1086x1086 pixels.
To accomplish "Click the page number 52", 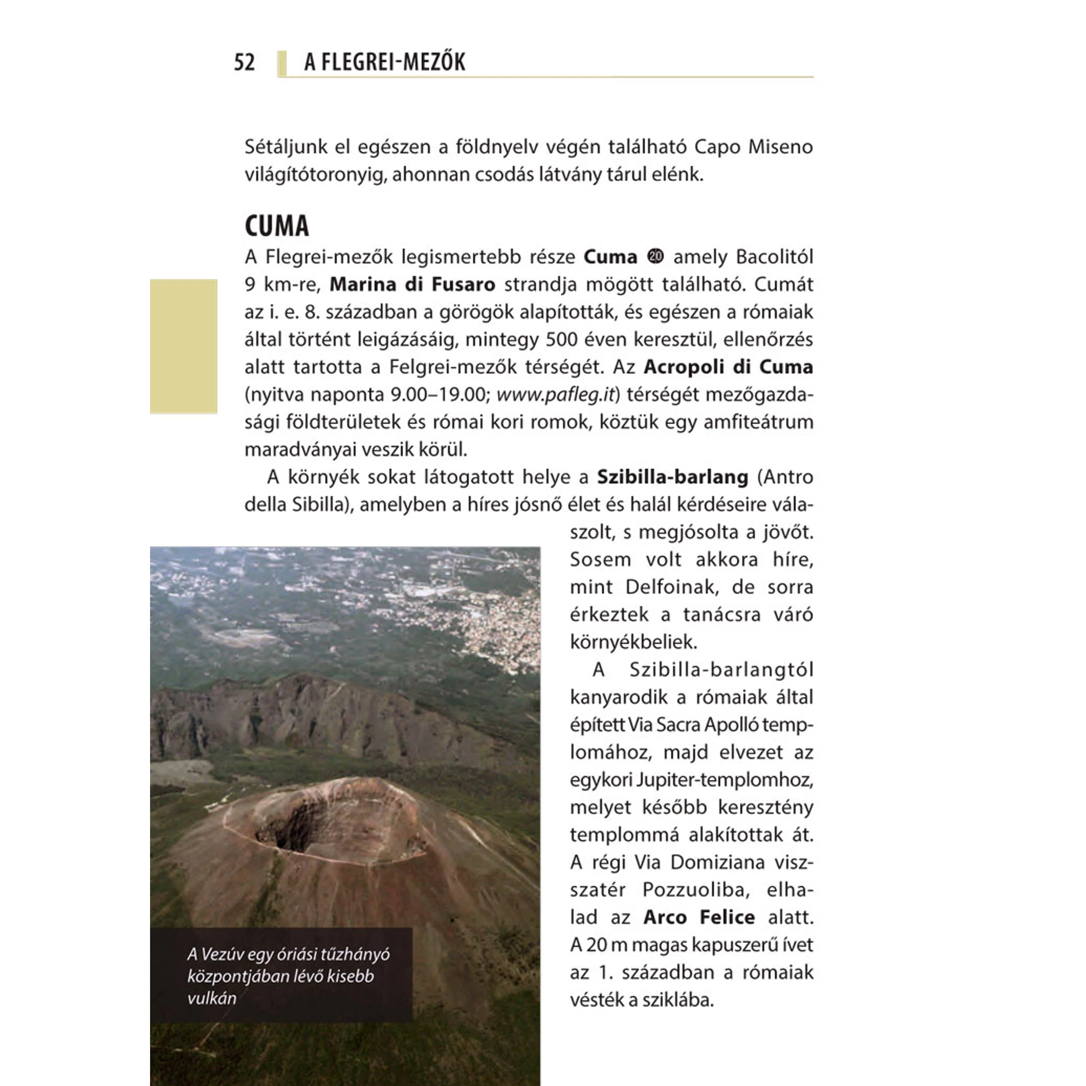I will tap(244, 62).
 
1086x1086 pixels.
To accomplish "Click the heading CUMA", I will tap(276, 226).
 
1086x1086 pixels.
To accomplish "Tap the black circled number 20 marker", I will tap(656, 256).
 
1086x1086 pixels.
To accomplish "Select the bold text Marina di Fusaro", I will tap(412, 284).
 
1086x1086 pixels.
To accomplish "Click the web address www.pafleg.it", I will tap(555, 394).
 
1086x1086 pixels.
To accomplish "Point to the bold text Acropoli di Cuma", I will tap(728, 367).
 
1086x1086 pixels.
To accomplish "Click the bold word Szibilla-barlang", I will tap(672, 477).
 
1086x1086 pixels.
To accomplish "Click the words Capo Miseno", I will tap(753, 147).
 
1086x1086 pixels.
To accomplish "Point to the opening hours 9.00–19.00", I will tap(438, 394).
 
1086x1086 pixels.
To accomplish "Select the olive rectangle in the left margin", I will tap(183, 346).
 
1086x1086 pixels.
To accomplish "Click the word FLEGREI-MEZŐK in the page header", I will tap(393, 62).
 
